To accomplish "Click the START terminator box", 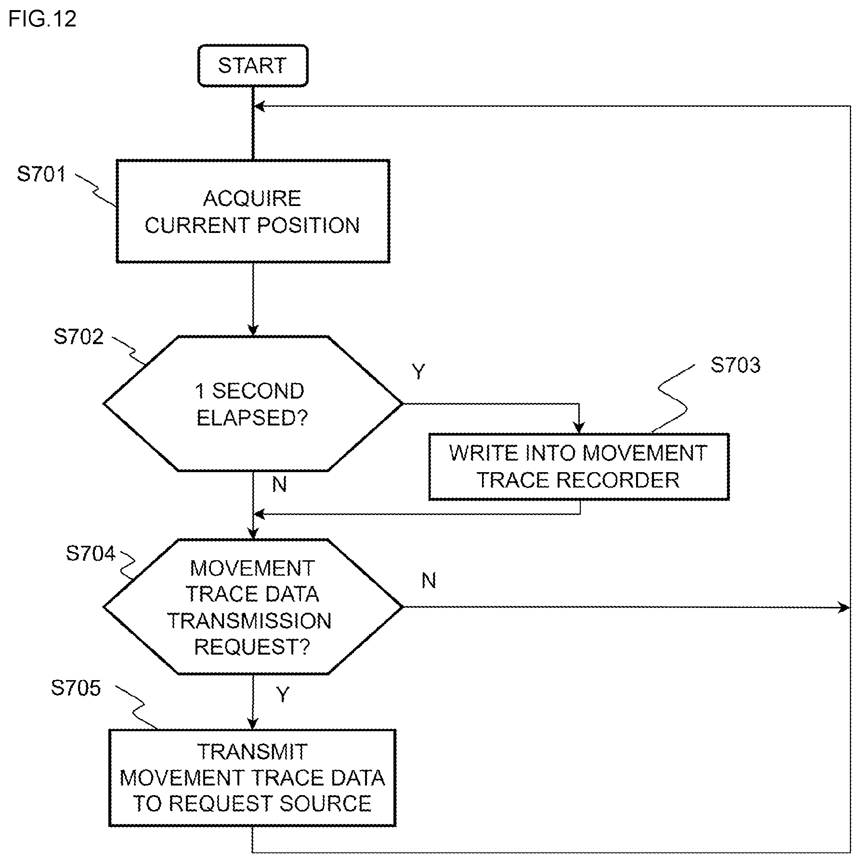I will (x=252, y=65).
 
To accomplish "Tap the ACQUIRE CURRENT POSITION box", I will (x=252, y=211).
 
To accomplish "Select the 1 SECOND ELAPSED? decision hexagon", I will (x=252, y=403).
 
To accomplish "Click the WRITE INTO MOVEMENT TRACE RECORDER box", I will (x=578, y=467).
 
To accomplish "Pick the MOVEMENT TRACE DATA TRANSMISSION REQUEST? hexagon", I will (x=252, y=607).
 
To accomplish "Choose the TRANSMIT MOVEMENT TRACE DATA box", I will (x=252, y=778).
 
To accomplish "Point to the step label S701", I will (x=41, y=174).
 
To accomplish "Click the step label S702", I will (x=78, y=337).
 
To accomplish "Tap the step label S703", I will (x=735, y=365).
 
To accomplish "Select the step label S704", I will (x=91, y=554).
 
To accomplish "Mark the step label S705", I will (x=76, y=688).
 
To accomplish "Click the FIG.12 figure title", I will (x=42, y=19).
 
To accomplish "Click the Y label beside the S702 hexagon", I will (x=418, y=372).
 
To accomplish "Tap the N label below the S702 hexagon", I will (x=279, y=484).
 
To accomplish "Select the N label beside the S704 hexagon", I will (x=429, y=581).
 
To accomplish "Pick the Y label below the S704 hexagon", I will (x=283, y=695).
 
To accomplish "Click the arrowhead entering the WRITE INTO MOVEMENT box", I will (x=579, y=428).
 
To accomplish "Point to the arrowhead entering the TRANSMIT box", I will (x=252, y=723).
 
